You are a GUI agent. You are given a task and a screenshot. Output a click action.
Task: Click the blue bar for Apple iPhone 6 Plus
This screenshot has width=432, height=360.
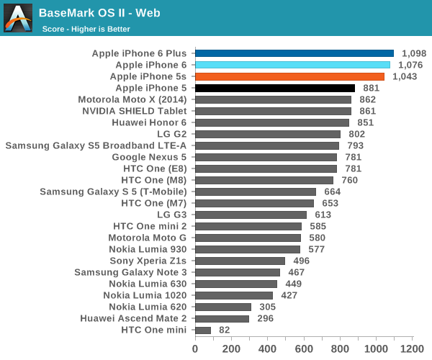click(x=294, y=53)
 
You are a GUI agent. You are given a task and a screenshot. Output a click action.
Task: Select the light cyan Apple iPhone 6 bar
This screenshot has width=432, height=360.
click(x=292, y=65)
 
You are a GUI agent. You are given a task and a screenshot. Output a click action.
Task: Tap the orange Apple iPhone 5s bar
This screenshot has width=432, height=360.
click(x=289, y=76)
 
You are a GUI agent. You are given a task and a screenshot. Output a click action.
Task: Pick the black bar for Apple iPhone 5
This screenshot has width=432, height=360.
click(x=274, y=88)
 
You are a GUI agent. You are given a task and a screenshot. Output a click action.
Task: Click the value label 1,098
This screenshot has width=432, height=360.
click(x=413, y=53)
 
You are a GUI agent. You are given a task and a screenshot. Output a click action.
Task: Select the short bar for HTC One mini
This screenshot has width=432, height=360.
click(x=202, y=330)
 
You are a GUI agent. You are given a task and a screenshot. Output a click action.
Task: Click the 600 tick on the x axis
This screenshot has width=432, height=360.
click(x=303, y=348)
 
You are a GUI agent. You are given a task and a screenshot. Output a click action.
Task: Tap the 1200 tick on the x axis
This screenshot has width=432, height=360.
click(x=411, y=348)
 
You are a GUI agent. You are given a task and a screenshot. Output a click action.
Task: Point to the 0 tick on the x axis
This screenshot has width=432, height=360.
click(x=195, y=348)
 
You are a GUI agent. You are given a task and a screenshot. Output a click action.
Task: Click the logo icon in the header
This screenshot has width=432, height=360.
click(x=18, y=19)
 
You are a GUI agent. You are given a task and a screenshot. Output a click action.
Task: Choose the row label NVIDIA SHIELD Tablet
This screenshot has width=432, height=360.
click(x=134, y=111)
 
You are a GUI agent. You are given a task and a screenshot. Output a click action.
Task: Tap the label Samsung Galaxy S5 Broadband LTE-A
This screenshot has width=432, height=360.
click(x=96, y=145)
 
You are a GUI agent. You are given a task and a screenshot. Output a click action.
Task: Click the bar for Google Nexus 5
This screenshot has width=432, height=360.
click(x=265, y=157)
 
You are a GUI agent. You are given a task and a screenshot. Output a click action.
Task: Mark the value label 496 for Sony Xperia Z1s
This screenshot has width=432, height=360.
click(x=301, y=261)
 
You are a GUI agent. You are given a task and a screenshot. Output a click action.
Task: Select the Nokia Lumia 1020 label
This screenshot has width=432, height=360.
click(x=145, y=295)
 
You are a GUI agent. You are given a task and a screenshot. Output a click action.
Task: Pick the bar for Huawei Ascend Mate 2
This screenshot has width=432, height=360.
click(x=222, y=318)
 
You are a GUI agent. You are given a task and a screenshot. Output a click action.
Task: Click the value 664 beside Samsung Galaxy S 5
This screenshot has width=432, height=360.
click(x=331, y=192)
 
